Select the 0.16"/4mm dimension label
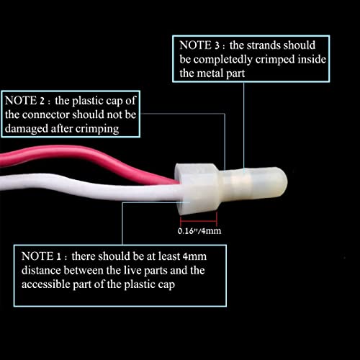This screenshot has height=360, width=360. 199,231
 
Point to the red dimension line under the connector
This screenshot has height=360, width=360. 199,220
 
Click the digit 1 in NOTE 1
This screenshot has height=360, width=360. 58,257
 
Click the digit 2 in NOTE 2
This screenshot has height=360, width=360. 42,101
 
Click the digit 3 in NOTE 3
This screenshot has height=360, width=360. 217,45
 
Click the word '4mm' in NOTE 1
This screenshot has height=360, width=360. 194,257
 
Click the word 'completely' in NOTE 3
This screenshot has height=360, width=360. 222,60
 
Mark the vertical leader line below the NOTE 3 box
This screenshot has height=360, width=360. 244,127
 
